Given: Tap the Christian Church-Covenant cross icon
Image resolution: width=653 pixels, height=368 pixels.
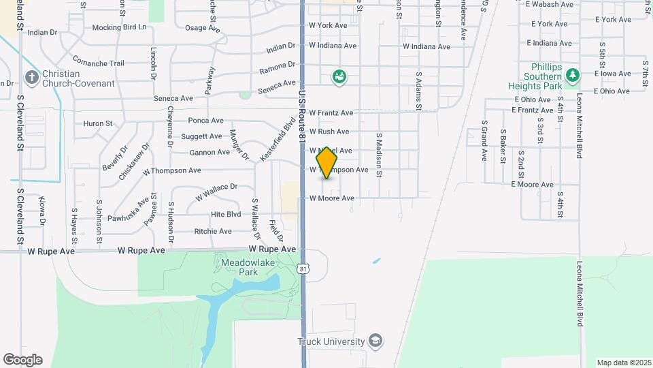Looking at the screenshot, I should click(x=31, y=78).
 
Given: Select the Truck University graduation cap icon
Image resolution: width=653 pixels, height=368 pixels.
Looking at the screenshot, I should click(x=375, y=340).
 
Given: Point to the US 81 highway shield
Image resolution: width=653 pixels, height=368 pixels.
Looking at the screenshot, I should click(x=303, y=270).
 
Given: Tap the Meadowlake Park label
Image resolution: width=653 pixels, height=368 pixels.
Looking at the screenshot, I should click(x=237, y=267).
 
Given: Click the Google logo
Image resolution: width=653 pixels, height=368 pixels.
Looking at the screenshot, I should click(x=22, y=360).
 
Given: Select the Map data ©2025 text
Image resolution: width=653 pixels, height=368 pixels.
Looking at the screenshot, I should click(x=623, y=363).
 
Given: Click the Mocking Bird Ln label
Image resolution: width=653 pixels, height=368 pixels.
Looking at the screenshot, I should click(x=119, y=27).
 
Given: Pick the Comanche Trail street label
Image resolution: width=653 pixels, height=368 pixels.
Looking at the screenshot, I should click(x=98, y=63).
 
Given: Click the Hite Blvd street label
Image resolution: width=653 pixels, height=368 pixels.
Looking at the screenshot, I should click(x=226, y=214).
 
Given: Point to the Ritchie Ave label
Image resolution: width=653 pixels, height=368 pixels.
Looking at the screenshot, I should click(x=213, y=232).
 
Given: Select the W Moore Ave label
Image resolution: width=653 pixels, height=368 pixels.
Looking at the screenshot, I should click(x=332, y=198).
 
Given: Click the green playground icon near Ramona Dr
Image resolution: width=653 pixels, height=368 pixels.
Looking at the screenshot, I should click(x=339, y=76).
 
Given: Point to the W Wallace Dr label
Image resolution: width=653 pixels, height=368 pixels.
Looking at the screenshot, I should click(x=216, y=191).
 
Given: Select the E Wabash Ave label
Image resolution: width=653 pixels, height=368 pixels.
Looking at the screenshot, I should click(x=550, y=4).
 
